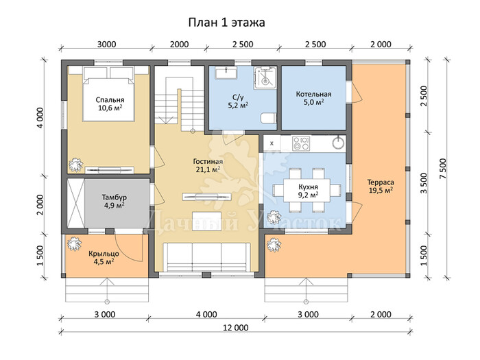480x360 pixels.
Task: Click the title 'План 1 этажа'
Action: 226,23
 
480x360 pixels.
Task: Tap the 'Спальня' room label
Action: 110,100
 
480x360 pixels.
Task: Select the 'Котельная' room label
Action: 313,94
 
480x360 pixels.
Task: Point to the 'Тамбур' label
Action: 115,197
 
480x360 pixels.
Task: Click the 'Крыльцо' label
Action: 104,254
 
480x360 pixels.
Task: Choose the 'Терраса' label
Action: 381,182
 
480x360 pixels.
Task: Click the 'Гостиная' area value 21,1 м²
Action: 208,169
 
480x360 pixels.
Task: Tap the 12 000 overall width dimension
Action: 235,328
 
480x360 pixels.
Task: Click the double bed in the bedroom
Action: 108,94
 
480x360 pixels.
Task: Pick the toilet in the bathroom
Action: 269,118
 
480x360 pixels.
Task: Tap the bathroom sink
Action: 226,73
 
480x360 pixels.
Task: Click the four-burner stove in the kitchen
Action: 301,143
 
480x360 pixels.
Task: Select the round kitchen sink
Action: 338,143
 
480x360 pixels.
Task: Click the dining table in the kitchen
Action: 307,190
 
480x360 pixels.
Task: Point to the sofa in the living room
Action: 208,257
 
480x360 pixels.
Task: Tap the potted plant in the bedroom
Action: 75,165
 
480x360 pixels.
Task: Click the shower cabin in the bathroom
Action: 265,77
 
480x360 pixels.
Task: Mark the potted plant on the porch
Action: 74,244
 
